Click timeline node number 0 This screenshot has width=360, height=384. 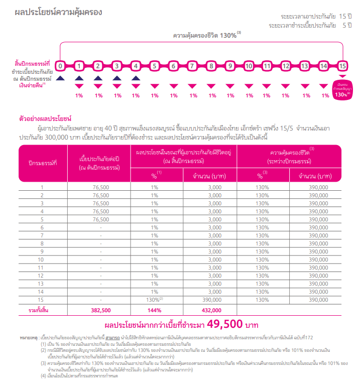[x=60, y=66]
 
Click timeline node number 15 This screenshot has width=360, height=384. [x=342, y=66]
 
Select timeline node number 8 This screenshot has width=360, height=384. [x=211, y=66]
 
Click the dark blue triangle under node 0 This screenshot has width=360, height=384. [x=60, y=78]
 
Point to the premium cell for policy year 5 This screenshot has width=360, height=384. [x=101, y=219]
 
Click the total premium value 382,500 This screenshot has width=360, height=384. [x=101, y=310]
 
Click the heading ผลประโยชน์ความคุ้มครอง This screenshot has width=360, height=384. [x=59, y=12]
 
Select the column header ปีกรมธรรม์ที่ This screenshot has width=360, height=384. [x=42, y=163]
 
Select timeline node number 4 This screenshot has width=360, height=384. [x=136, y=66]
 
